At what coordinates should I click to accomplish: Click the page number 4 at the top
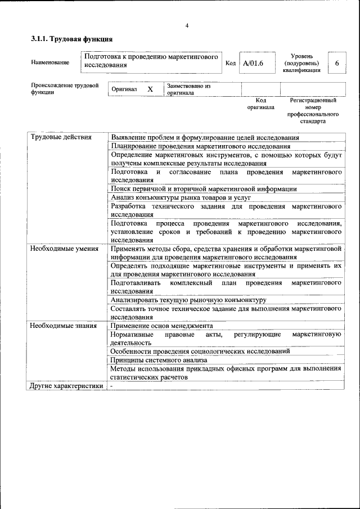click(x=187, y=25)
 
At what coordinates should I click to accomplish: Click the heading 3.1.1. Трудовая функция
click(x=72, y=39)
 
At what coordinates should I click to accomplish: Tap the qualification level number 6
click(x=337, y=63)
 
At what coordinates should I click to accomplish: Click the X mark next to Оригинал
click(x=150, y=89)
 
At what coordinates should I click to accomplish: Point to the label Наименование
click(x=51, y=62)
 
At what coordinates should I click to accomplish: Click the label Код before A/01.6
click(x=230, y=63)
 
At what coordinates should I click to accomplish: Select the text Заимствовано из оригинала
click(x=188, y=89)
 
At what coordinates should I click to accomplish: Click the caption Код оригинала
click(x=260, y=103)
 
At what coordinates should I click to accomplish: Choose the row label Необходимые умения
click(x=64, y=248)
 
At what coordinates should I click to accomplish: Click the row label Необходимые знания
click(x=63, y=325)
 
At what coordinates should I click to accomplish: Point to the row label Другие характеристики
click(x=66, y=386)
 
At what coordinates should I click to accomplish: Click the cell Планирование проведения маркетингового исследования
click(x=200, y=146)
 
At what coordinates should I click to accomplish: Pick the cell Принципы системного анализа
click(x=159, y=359)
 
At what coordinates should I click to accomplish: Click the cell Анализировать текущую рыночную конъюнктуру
click(x=188, y=300)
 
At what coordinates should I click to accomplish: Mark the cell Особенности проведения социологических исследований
click(x=200, y=351)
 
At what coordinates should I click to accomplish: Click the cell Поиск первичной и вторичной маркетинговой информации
click(x=204, y=189)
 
